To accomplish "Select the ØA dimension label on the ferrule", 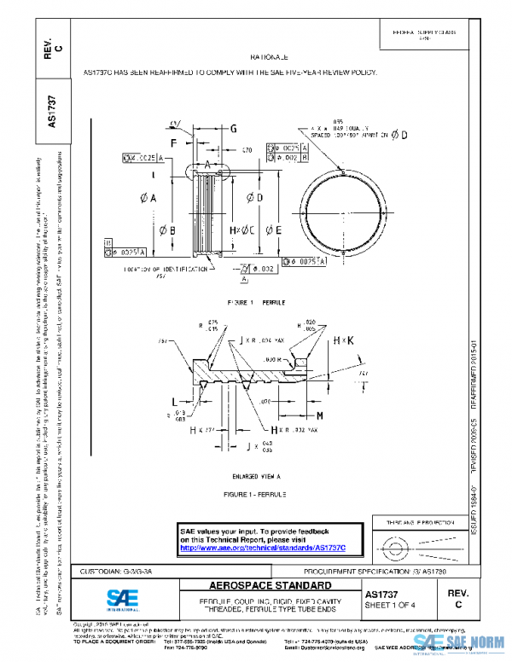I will pos(148,198).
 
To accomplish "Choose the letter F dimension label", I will pos(174,142).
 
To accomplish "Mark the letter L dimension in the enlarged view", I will pos(174,400).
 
